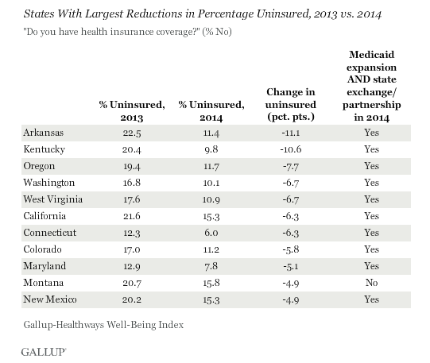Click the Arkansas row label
[44, 133]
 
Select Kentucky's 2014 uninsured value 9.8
[211, 149]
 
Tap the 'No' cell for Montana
[372, 283]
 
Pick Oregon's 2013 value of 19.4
[132, 166]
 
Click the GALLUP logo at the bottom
[44, 352]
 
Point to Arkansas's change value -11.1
[291, 133]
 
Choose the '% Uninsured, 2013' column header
[132, 111]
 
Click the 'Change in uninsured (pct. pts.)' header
[291, 104]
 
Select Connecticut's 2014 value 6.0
[211, 233]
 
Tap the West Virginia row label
[53, 199]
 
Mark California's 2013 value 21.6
[132, 216]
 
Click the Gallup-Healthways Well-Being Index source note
[103, 325]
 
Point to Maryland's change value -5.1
[291, 266]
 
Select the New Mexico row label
[50, 299]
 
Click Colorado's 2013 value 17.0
[132, 249]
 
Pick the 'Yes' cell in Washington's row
[372, 183]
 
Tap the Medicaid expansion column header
[372, 86]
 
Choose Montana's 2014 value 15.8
[211, 283]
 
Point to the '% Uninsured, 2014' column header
[211, 111]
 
